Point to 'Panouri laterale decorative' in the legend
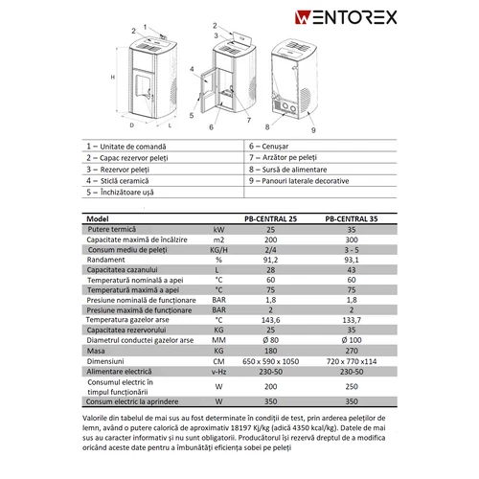[311, 179]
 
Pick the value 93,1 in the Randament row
[350, 259]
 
